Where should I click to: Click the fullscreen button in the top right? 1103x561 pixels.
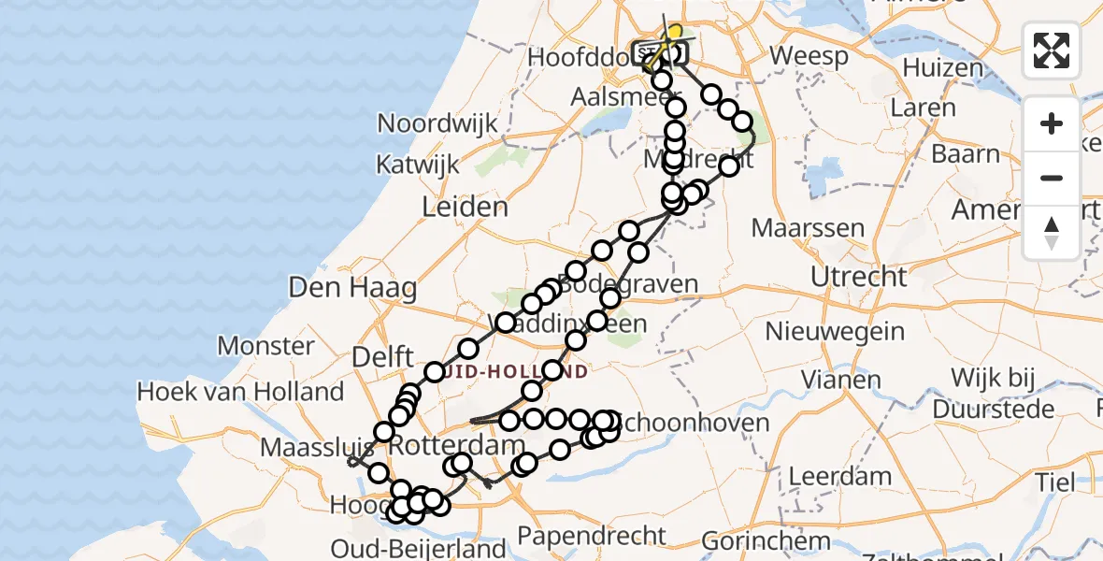[x=1052, y=50]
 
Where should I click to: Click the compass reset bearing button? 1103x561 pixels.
[x=1052, y=233]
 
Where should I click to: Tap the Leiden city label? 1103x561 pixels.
[x=465, y=207]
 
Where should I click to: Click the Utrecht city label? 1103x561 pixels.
[x=858, y=277]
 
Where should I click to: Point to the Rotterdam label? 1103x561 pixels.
[x=458, y=445]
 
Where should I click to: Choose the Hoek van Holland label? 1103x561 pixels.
[x=240, y=392]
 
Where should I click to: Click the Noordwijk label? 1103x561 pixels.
[x=437, y=124]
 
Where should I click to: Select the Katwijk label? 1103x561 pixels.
[x=417, y=165]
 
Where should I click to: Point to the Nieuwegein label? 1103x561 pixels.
[x=835, y=331]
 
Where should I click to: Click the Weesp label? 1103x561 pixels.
[x=809, y=56]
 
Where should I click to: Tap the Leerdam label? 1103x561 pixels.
[x=840, y=476]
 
